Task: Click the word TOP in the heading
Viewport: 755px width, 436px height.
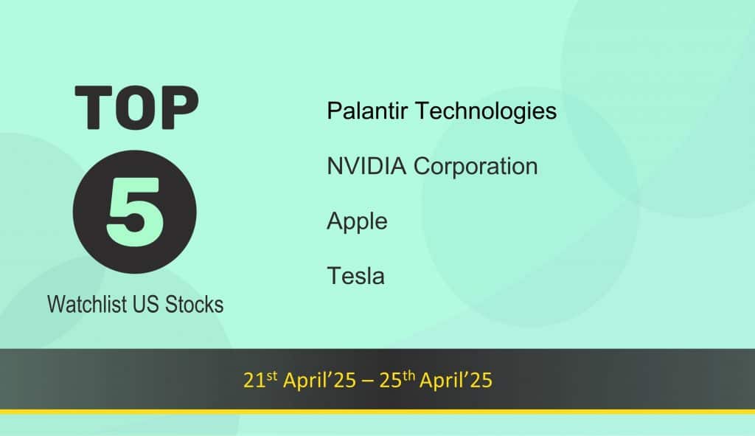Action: pos(136,108)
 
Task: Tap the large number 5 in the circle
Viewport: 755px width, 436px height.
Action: pos(135,212)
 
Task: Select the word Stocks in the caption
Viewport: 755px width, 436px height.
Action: pos(194,305)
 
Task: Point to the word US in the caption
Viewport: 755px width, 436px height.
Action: pos(147,305)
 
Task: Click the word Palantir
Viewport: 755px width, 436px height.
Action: pos(367,111)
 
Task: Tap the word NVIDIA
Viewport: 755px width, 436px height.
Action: pos(366,166)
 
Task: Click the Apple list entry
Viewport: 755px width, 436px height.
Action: pos(357,222)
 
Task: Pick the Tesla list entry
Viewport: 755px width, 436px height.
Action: pos(355,276)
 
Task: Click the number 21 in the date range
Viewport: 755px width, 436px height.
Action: pos(254,380)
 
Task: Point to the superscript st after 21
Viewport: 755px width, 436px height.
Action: pos(272,376)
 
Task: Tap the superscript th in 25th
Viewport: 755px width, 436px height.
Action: pos(408,376)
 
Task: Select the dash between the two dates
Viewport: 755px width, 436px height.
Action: pos(367,381)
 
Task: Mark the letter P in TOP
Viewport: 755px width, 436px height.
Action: pos(180,108)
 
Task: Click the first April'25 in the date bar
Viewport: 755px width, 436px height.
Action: pos(319,380)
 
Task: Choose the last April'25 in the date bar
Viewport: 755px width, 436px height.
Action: pos(456,380)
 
